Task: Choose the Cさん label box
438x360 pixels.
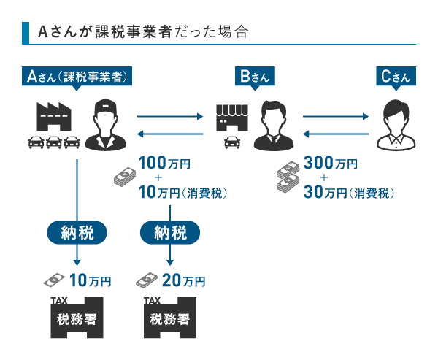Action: click(x=396, y=76)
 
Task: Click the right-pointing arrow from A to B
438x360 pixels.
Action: click(x=169, y=115)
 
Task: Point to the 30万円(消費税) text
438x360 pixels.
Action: click(x=348, y=193)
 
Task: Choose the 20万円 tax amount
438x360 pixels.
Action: click(x=182, y=280)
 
